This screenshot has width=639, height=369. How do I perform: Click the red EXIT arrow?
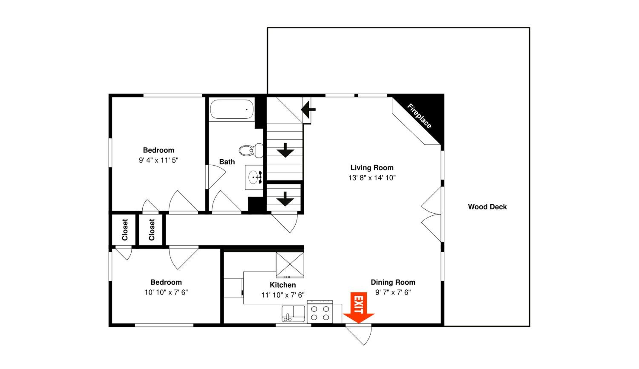358,307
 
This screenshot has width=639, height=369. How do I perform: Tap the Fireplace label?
419,116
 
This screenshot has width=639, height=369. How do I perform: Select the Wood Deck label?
487,207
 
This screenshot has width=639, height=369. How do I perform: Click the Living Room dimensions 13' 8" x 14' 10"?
372,178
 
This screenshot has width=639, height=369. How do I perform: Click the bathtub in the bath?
232,109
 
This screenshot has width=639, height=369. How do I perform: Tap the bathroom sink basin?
253,177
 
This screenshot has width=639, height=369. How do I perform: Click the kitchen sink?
293,313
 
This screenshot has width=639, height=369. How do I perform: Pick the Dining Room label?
393,282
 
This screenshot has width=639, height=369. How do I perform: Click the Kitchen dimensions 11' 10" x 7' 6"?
283,295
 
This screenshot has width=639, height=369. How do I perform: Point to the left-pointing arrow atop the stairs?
308,110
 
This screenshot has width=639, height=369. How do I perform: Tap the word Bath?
227,162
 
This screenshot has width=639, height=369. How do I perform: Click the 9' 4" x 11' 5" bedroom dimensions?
158,160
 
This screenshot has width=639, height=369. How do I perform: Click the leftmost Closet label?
125,230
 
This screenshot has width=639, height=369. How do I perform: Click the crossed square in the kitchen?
290,264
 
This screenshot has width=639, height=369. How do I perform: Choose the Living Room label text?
372,168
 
